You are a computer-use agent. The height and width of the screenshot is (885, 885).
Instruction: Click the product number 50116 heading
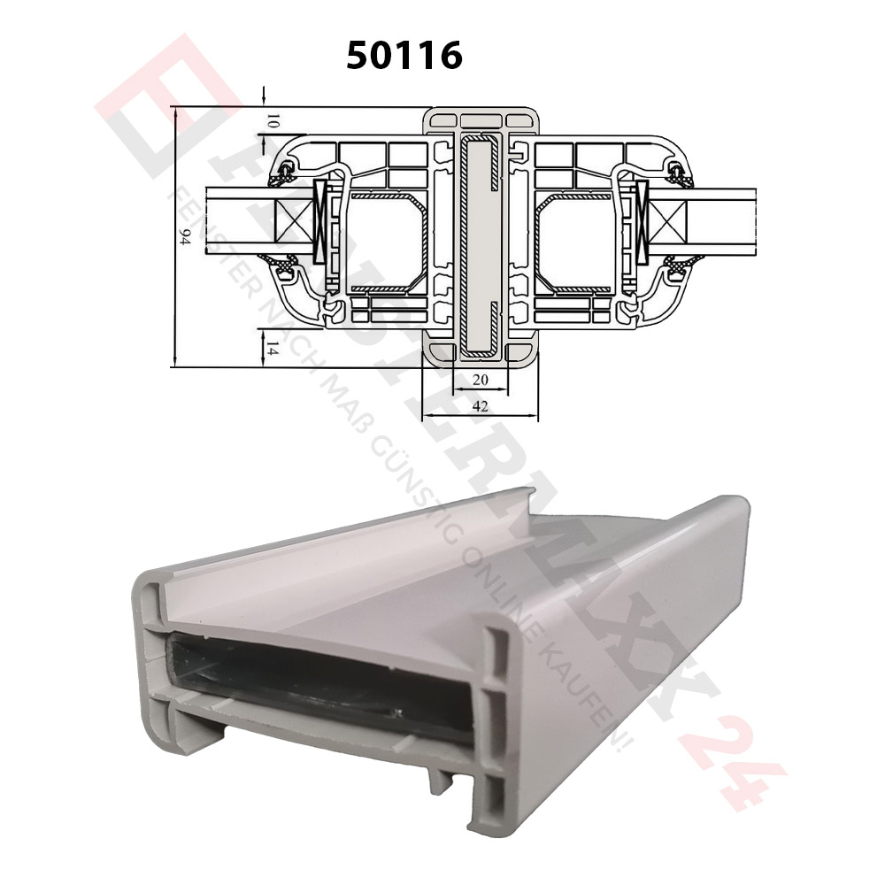(x=404, y=56)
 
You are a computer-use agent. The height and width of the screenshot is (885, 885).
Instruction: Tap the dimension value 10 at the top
(x=273, y=119)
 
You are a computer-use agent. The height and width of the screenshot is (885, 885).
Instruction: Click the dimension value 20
(x=481, y=380)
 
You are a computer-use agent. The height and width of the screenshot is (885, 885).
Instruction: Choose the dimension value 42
(x=481, y=406)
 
